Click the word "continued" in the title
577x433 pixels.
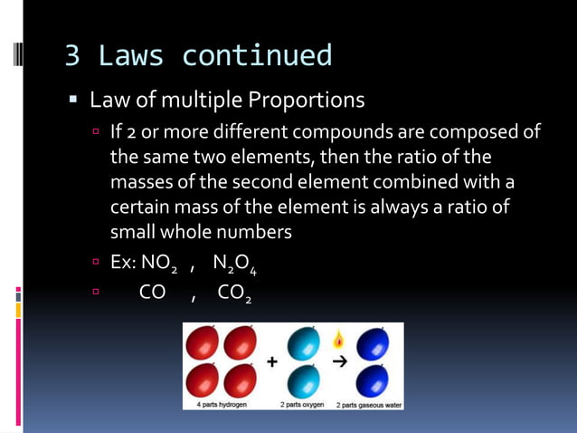(257, 56)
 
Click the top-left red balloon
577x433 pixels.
(203, 344)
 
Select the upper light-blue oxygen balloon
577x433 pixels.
(302, 344)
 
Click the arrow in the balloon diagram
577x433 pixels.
(339, 361)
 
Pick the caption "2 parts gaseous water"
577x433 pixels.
(369, 404)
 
